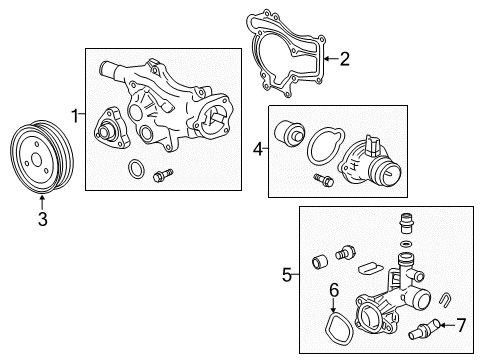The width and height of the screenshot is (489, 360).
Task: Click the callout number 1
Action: coord(75,115)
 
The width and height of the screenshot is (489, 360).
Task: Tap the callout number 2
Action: coord(344,59)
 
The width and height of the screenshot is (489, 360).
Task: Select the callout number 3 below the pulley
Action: coord(43,219)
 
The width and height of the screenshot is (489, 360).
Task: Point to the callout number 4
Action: coord(258,149)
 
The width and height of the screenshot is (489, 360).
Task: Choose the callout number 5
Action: coord(287,275)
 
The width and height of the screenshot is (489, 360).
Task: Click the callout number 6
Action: coord(334,290)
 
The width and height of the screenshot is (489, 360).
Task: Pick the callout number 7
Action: coord(461,325)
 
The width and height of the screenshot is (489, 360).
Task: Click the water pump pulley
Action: coord(42,157)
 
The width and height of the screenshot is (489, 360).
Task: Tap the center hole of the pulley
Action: coord(36,159)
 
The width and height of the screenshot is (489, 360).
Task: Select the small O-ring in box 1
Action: coord(136,169)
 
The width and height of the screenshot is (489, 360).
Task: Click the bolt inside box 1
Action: coord(163,175)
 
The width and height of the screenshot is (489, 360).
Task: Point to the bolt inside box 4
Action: coord(323,180)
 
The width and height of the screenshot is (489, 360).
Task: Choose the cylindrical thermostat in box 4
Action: coord(289,132)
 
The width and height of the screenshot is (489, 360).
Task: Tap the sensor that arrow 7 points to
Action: coord(425,329)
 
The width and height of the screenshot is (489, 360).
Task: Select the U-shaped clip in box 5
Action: coord(445,298)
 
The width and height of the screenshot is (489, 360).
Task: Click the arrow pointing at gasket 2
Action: coord(331,59)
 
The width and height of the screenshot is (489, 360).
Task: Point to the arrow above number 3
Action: coord(42,203)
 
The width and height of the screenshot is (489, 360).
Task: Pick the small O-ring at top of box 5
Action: coord(405,244)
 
